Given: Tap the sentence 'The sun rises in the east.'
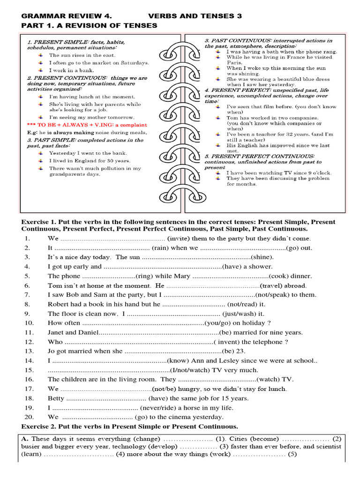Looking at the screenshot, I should tap(82, 55).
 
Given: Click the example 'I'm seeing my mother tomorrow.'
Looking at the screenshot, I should tap(92, 117).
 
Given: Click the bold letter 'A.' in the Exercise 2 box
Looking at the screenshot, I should tap(26, 439).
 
